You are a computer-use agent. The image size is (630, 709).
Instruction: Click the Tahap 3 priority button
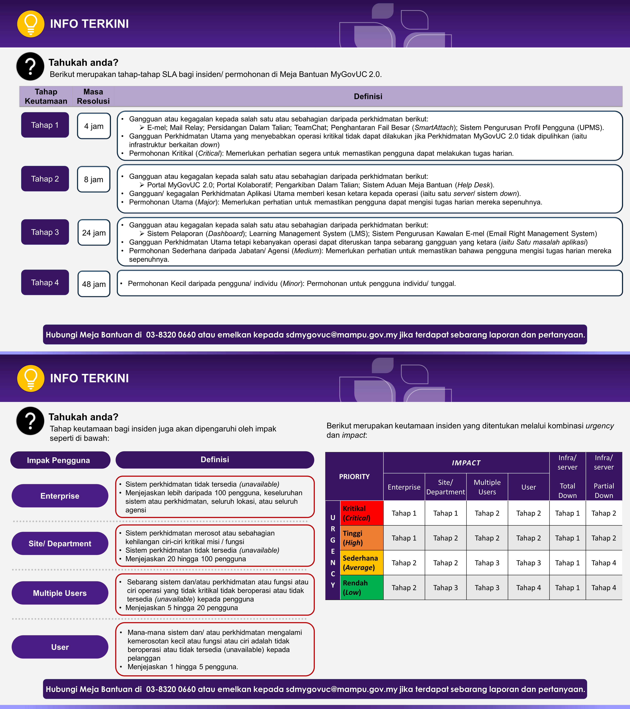[x=45, y=232]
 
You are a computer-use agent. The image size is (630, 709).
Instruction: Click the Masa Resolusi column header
[x=93, y=96]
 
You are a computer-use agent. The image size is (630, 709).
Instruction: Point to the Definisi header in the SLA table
[x=368, y=96]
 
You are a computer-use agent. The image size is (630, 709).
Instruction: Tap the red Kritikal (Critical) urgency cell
[x=362, y=513]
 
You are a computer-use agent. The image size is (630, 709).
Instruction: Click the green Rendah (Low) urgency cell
[x=362, y=588]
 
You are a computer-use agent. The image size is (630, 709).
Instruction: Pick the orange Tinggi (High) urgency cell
[x=362, y=538]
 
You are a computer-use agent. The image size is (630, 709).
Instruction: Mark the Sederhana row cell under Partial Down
[x=604, y=563]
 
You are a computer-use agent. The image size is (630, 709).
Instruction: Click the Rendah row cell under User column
[x=528, y=588]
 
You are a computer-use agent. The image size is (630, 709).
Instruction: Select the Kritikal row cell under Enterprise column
[x=404, y=513]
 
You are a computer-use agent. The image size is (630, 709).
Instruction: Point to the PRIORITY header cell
[x=354, y=476]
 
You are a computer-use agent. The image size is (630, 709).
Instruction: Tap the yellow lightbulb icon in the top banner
[x=31, y=24]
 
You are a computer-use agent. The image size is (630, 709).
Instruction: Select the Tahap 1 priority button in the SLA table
[x=45, y=125]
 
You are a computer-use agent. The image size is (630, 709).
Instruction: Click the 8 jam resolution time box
[x=94, y=179]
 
